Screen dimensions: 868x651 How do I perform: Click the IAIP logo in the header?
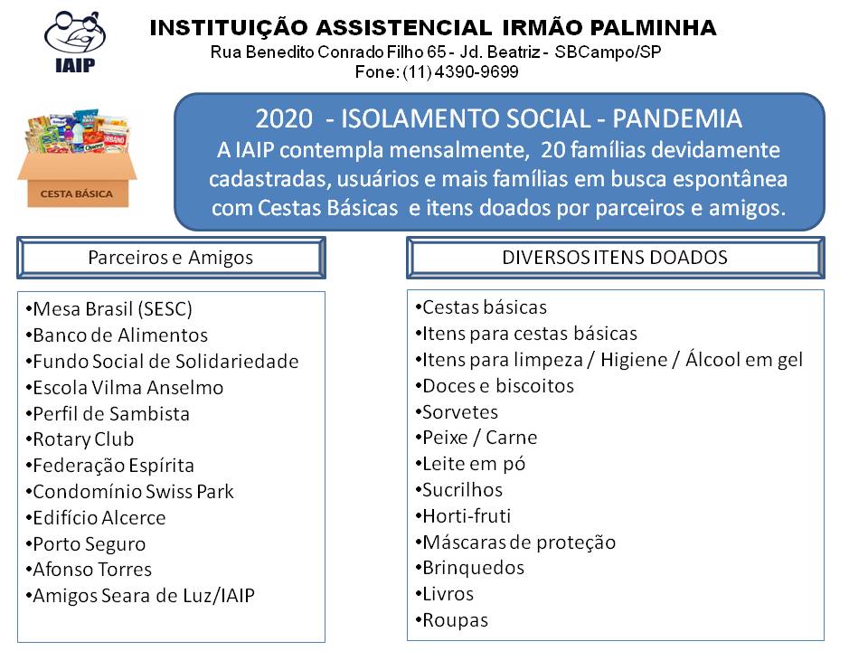[75, 42]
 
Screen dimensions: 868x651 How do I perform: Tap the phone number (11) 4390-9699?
[460, 72]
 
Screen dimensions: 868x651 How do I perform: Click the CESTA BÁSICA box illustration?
[77, 158]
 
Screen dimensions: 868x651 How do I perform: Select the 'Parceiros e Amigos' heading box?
[171, 258]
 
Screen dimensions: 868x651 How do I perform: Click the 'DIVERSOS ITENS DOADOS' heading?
[615, 258]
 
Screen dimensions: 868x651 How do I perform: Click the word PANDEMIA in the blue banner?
[677, 118]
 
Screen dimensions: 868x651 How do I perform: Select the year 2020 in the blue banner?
[284, 119]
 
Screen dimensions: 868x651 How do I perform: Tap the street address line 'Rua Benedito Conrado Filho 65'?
[328, 52]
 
